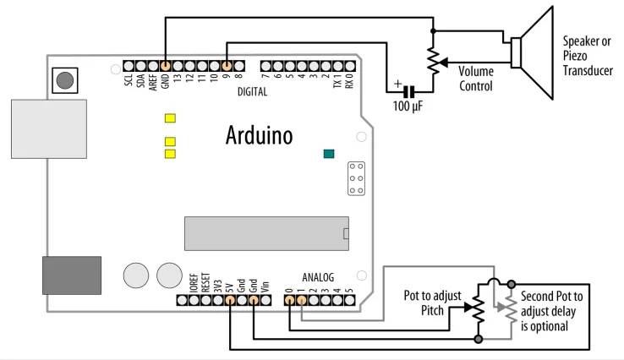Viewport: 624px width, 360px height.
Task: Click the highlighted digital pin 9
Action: pos(227,66)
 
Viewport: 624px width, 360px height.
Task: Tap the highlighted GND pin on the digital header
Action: pos(166,66)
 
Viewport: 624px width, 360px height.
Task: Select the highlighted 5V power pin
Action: pos(230,300)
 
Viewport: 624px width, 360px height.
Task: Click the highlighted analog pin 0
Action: pos(290,300)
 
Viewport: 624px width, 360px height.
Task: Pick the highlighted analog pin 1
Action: pos(302,300)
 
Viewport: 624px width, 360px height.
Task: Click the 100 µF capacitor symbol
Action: pos(408,92)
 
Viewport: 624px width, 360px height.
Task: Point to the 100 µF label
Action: pos(408,106)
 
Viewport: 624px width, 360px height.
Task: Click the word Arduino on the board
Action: pos(259,135)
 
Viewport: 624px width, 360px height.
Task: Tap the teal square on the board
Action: pos(329,154)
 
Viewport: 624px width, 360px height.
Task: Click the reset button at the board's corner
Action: pos(65,80)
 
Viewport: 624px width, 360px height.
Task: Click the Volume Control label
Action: pos(476,79)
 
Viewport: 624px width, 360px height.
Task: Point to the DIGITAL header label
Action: pos(252,92)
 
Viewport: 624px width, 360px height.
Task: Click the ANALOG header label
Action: pos(318,277)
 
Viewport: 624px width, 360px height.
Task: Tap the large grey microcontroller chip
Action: pos(266,233)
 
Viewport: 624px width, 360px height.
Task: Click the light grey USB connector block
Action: pos(49,129)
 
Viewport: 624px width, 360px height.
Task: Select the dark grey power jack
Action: pos(72,275)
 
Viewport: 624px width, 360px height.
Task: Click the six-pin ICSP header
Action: pos(356,178)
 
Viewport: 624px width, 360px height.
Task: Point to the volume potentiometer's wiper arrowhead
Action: pos(443,62)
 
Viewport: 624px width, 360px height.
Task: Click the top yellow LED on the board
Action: pos(170,118)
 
